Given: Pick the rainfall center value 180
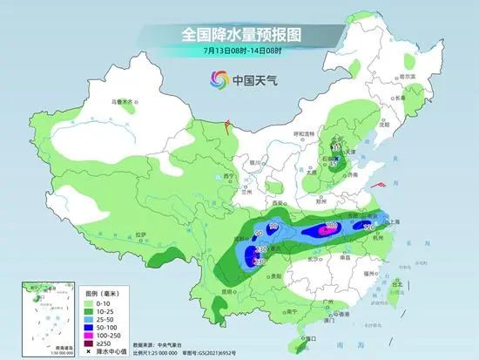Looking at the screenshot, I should coord(331,227).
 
